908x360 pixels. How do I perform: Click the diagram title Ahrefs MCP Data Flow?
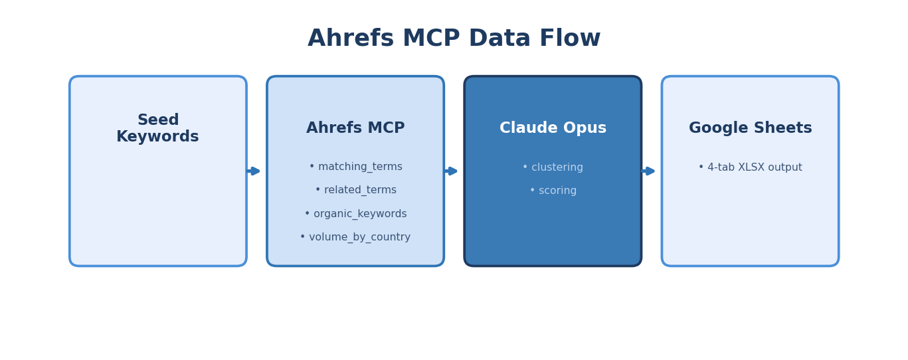coord(454,39)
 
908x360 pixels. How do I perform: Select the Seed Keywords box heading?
coord(158,128)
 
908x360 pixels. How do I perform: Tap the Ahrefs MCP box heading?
coord(355,128)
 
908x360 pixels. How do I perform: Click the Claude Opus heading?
coord(553,128)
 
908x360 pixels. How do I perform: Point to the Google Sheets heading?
coord(750,128)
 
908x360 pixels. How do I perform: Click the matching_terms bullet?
coord(355,167)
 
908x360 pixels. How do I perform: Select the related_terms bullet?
coord(355,190)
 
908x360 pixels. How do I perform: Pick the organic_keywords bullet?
coord(355,214)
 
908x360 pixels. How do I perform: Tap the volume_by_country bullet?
coord(355,237)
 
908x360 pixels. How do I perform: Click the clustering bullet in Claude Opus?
coord(553,167)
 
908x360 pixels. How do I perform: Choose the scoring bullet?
coord(553,191)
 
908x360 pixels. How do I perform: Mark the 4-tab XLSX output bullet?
coord(750,167)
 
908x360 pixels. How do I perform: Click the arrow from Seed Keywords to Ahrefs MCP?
coord(254,171)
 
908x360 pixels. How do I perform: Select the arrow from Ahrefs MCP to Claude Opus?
coord(452,171)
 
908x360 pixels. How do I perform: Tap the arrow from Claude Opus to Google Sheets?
coord(649,171)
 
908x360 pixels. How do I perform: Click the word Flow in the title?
coord(570,39)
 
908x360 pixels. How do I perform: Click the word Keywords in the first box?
coord(158,137)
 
